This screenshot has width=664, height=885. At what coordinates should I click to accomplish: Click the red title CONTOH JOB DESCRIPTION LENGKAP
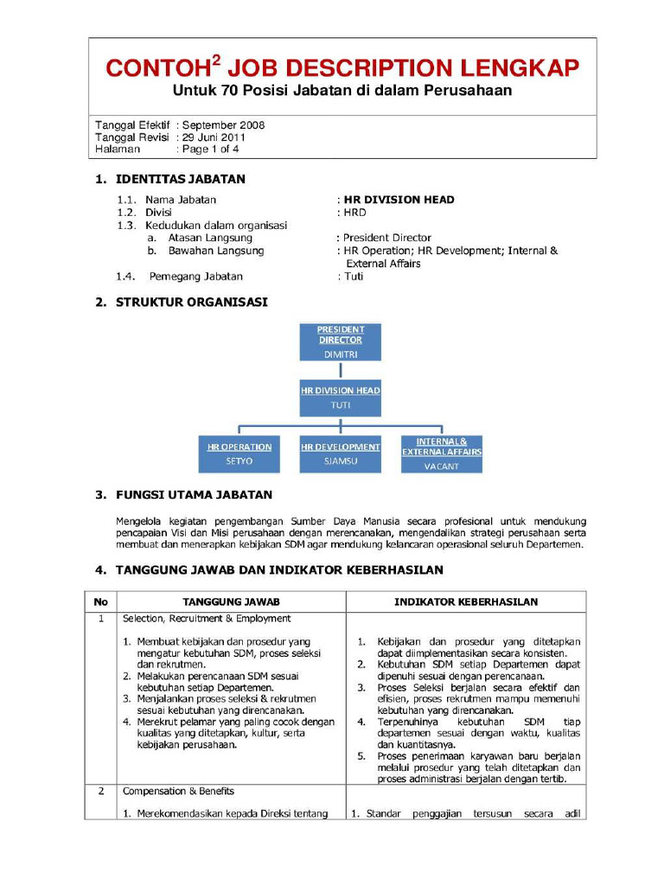coord(342,68)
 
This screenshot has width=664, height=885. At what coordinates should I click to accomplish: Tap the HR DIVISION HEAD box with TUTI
coord(340,398)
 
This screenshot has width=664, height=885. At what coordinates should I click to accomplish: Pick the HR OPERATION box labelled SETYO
coord(239,454)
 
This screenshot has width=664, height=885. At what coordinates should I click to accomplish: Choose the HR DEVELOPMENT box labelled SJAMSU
coord(340,454)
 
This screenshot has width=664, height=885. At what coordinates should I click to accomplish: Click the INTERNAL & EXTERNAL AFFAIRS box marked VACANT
coord(441,454)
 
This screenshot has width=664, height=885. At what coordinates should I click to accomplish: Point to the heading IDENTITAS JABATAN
coord(180,180)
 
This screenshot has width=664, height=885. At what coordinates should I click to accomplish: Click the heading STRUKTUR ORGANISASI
coord(191,302)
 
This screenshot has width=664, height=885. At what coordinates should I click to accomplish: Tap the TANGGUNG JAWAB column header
coord(231,602)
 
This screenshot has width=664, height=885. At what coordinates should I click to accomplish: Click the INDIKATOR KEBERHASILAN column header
coord(466,602)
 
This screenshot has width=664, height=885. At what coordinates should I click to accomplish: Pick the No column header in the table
coord(100,602)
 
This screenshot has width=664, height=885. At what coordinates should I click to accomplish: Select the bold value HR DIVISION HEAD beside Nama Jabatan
coord(399,200)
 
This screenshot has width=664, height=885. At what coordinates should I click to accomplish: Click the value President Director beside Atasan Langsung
coord(386,238)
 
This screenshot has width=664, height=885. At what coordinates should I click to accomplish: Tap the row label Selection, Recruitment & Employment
coord(207,619)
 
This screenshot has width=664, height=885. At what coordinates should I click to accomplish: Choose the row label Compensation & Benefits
coord(178,791)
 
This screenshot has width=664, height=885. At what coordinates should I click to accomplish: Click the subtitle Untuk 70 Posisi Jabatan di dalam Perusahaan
coord(342,91)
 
